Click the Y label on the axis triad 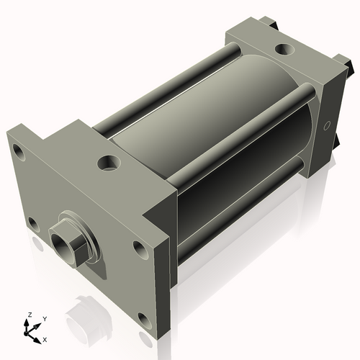44,319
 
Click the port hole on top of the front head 109,163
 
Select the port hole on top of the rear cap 285,50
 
